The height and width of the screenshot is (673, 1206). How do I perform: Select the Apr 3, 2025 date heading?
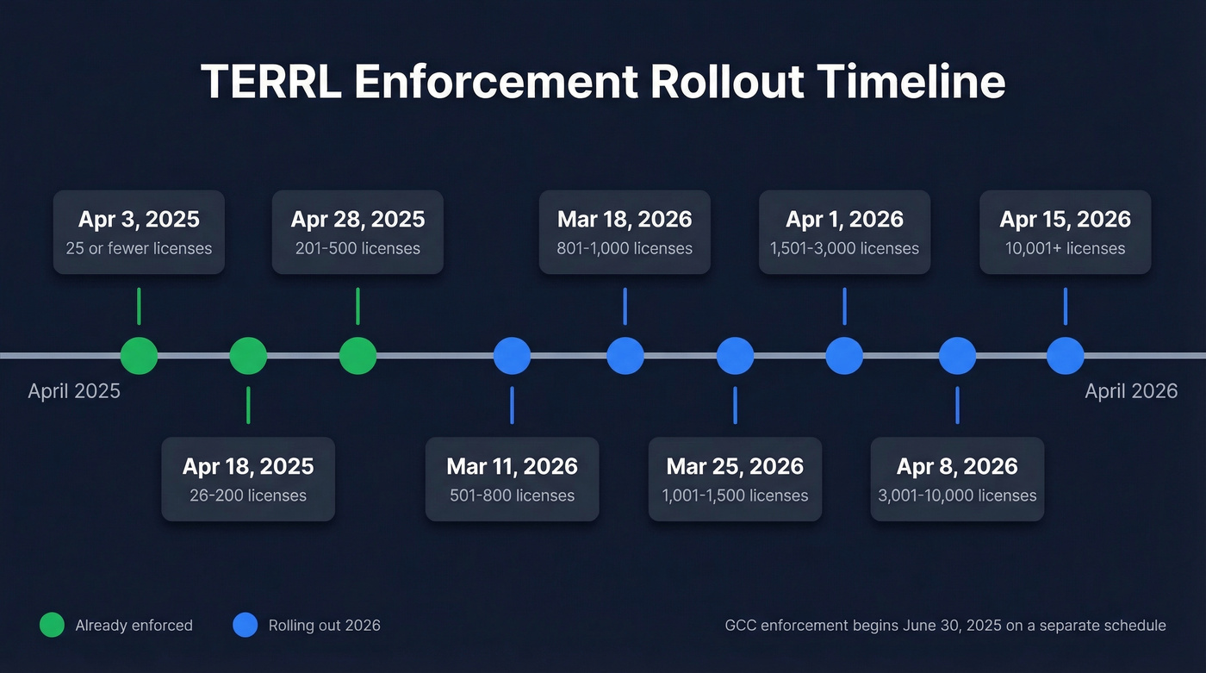click(x=139, y=219)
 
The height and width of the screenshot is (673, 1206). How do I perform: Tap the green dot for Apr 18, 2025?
click(x=248, y=355)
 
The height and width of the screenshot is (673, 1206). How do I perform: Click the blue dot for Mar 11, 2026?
click(x=512, y=355)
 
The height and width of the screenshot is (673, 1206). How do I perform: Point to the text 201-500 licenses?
click(x=357, y=249)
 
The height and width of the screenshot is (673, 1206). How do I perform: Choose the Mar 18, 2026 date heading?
click(x=625, y=219)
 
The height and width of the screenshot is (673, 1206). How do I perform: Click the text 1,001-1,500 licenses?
click(x=735, y=495)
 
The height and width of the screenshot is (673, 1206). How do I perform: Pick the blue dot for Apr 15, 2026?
click(x=1065, y=355)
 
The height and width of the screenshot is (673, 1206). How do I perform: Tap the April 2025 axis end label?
click(x=74, y=391)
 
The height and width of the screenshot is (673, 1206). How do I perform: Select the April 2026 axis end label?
click(x=1131, y=391)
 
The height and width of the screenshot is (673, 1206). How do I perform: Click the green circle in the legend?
click(x=53, y=626)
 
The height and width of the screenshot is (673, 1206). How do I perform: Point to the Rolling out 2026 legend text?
click(x=324, y=626)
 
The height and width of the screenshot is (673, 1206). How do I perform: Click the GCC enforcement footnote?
click(x=945, y=626)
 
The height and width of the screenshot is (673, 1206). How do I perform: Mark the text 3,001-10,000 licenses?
click(x=957, y=495)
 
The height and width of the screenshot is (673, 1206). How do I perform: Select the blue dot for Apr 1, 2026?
click(x=844, y=355)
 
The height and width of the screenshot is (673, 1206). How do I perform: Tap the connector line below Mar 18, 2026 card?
click(x=625, y=306)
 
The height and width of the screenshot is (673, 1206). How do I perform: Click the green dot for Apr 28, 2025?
click(x=357, y=355)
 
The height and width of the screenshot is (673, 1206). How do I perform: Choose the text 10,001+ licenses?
click(x=1065, y=249)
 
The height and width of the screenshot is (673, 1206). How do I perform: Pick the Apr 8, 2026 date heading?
click(x=957, y=466)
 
